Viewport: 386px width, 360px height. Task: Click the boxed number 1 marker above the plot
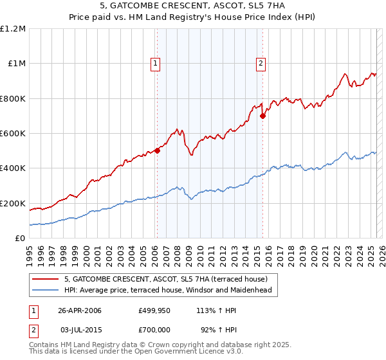156,63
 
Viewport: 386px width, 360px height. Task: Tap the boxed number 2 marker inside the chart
261,63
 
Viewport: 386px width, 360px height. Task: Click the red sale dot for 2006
157,151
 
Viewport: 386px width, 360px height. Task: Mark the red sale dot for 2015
262,116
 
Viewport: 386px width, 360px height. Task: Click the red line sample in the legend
46,279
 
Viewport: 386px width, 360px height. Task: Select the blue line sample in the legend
46,290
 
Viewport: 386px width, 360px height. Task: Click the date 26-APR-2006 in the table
80,310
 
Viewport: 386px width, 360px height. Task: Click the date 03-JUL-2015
80,328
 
